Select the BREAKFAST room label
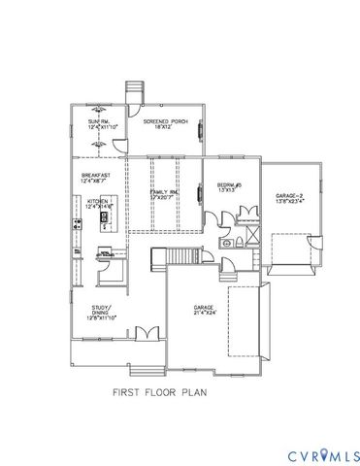[x=95, y=175]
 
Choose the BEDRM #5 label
[x=229, y=183]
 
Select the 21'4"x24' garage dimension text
[x=203, y=313]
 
